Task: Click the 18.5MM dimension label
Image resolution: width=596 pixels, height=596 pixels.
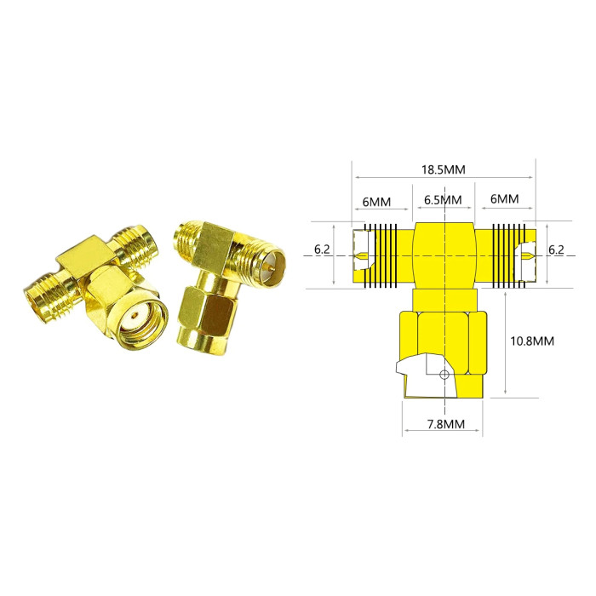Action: (x=443, y=169)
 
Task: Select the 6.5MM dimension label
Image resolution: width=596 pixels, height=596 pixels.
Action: (x=443, y=200)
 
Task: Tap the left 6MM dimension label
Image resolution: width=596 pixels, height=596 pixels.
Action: (x=376, y=202)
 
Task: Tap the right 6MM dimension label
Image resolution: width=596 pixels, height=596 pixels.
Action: (x=504, y=198)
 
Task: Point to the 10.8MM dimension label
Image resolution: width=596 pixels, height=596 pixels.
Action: (x=532, y=341)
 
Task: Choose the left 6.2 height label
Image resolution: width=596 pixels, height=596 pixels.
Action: (x=322, y=249)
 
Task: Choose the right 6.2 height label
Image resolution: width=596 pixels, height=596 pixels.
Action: (x=556, y=249)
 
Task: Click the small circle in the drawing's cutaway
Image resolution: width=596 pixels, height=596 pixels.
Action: (x=444, y=375)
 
